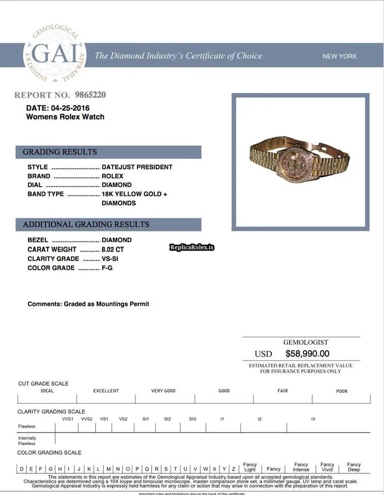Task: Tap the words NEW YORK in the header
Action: pos(339,56)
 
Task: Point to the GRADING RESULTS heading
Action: pos(60,152)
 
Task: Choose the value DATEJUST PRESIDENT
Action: pos(137,167)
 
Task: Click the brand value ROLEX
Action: pos(113,176)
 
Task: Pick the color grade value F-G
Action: pos(107,268)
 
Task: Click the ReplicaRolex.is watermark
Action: pos(191,248)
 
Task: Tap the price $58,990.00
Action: pos(307,354)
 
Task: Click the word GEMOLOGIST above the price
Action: pos(306,342)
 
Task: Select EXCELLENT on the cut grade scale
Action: pos(106,391)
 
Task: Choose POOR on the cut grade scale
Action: pos(342,391)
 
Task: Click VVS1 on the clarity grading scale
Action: pos(68,419)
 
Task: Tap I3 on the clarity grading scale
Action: pos(313,419)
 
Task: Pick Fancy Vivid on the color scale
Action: pos(327,467)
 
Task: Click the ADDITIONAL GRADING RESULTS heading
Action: pos(86,225)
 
